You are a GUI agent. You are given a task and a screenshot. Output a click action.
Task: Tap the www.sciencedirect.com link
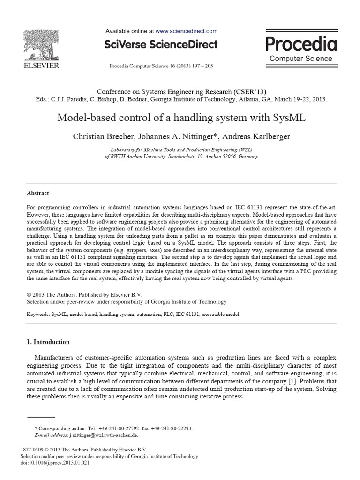click(x=186, y=31)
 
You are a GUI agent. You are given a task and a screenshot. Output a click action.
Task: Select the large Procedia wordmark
click(x=301, y=44)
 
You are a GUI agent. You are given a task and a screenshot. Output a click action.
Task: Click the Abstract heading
click(x=38, y=193)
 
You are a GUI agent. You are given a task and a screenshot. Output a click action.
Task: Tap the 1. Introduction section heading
click(x=48, y=342)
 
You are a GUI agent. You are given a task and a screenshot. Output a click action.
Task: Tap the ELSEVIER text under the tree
click(x=41, y=66)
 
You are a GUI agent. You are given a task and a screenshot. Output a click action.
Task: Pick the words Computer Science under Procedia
click(x=301, y=59)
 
